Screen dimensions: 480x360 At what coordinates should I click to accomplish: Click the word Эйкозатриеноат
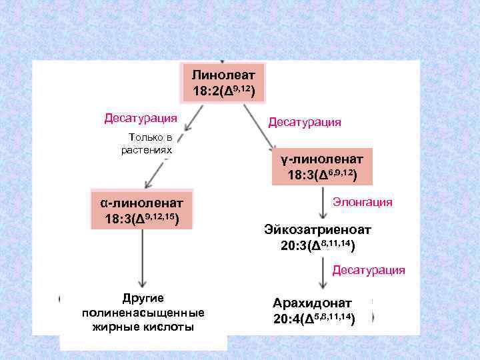click(317, 230)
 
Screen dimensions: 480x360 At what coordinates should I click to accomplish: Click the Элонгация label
click(363, 202)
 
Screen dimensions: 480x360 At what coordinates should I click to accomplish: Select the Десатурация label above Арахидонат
click(369, 270)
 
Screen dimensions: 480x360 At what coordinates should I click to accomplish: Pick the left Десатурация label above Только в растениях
click(141, 118)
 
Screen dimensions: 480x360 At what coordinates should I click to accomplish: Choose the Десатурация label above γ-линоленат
click(305, 122)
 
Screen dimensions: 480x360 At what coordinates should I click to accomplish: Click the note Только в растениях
click(146, 143)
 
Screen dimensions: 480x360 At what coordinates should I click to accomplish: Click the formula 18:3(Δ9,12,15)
click(141, 219)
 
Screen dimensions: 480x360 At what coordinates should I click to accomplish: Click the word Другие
click(143, 298)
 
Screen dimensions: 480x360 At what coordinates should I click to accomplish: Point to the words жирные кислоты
click(143, 327)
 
